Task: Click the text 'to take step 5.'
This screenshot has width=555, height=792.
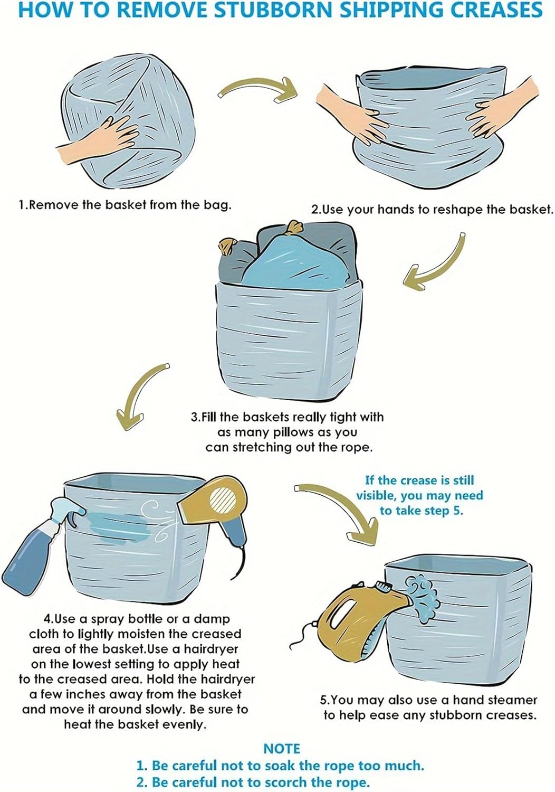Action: click(x=421, y=511)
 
